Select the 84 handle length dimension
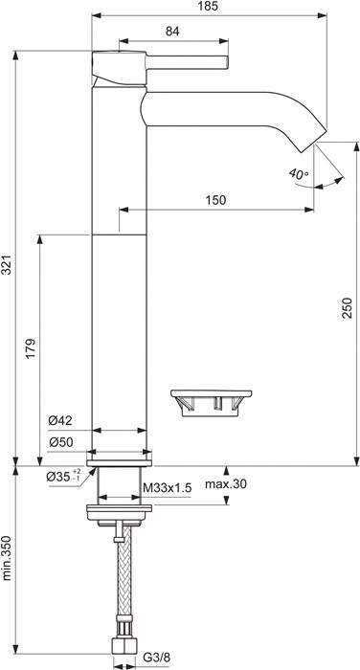point(172,33)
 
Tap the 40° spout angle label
point(298,173)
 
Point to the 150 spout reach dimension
point(215,199)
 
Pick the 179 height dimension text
point(31,346)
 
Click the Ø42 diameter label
point(61,418)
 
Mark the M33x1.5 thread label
point(168,487)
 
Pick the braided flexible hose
point(119,584)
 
